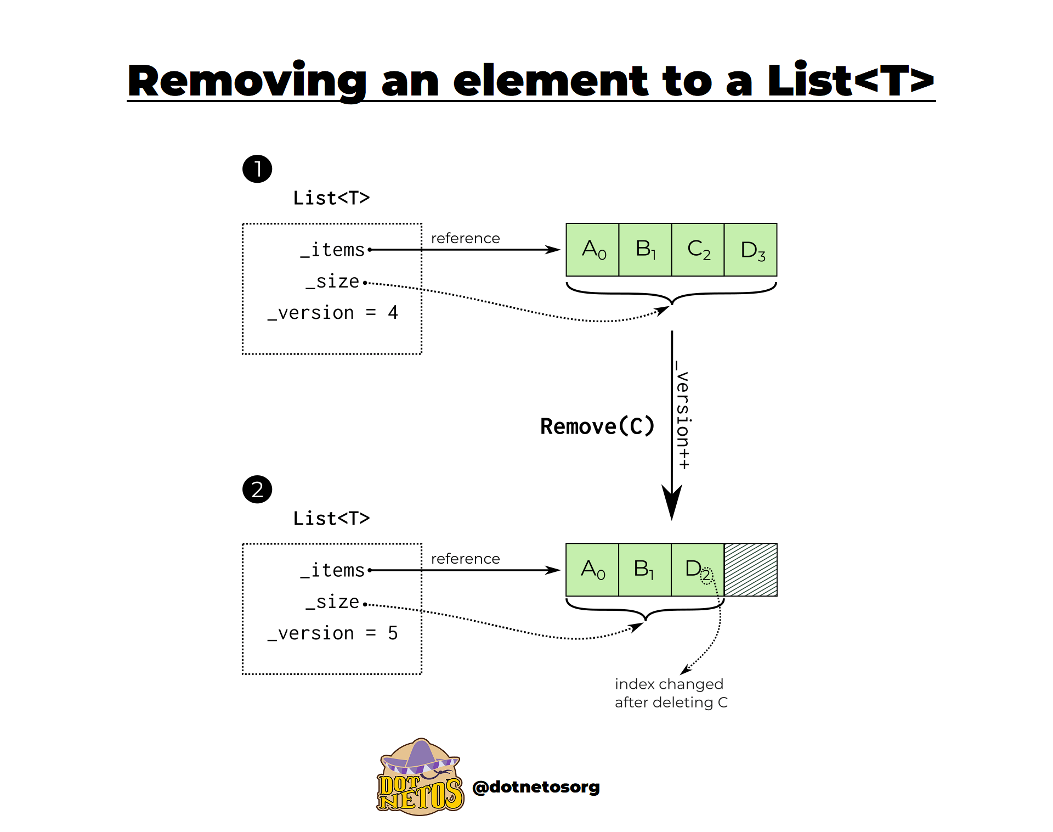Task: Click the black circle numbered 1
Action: pyautogui.click(x=257, y=168)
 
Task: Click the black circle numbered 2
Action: pyautogui.click(x=257, y=489)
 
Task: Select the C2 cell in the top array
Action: pyautogui.click(x=698, y=250)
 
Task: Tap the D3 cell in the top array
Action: pyautogui.click(x=750, y=250)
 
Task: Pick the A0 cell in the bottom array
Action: pyautogui.click(x=592, y=570)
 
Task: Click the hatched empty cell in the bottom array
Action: pyautogui.click(x=750, y=570)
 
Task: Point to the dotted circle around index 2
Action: pyautogui.click(x=706, y=576)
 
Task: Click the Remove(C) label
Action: pyautogui.click(x=597, y=426)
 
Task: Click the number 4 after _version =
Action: pyautogui.click(x=393, y=312)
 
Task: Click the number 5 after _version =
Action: pyautogui.click(x=393, y=633)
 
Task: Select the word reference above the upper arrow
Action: pyautogui.click(x=465, y=238)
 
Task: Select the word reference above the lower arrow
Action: pyautogui.click(x=465, y=559)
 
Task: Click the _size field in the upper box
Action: pyautogui.click(x=332, y=282)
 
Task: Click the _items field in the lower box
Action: pyautogui.click(x=332, y=570)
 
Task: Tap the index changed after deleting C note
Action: pyautogui.click(x=671, y=693)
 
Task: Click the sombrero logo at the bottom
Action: pyautogui.click(x=420, y=777)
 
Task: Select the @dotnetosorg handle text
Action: pyautogui.click(x=536, y=787)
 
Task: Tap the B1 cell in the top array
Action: pyautogui.click(x=645, y=250)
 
